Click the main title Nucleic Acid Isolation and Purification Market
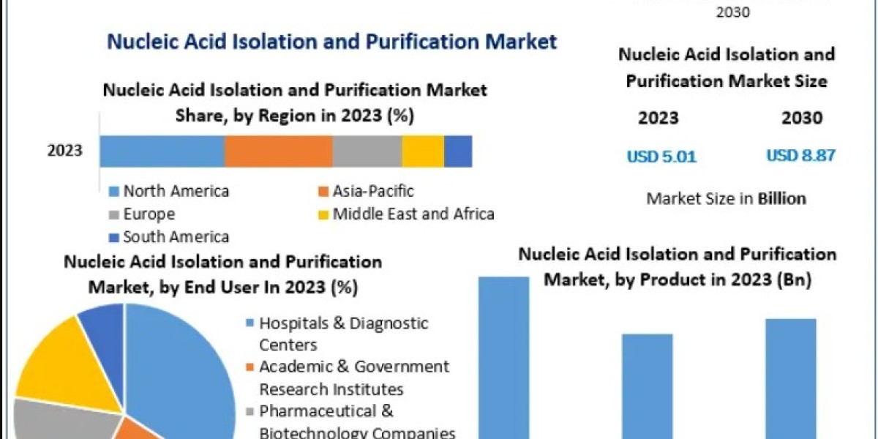(x=331, y=41)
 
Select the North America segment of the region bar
(x=162, y=151)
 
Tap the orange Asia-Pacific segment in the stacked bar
(x=278, y=151)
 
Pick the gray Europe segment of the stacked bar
(x=367, y=151)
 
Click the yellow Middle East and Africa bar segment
(x=422, y=151)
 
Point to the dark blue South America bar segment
(x=458, y=151)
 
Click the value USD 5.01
(x=661, y=156)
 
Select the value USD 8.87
(x=800, y=155)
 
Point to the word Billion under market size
(x=781, y=198)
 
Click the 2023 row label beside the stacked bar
(x=65, y=151)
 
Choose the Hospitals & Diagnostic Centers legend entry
(x=344, y=334)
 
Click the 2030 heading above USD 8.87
(x=802, y=118)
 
